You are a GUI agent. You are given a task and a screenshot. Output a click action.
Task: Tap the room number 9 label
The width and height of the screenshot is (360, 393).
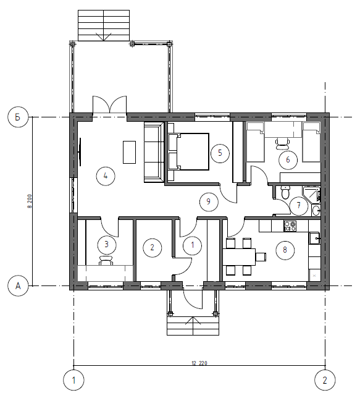(209, 202)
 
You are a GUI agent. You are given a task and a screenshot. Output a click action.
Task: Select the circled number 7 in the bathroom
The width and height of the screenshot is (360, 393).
(299, 206)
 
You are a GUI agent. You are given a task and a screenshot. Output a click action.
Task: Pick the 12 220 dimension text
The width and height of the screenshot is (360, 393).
(199, 363)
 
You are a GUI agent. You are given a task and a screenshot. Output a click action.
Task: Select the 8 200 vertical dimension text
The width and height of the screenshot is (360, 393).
(30, 201)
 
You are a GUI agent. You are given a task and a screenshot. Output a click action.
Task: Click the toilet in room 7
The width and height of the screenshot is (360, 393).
(285, 192)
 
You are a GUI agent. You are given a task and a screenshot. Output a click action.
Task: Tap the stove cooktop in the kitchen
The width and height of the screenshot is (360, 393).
(290, 226)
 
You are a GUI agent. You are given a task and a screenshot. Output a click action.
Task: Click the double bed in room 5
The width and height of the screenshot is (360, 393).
(188, 151)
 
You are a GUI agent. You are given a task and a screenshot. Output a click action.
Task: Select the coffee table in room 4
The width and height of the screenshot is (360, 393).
(129, 153)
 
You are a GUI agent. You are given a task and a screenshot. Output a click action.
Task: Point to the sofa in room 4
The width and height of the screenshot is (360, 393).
(154, 152)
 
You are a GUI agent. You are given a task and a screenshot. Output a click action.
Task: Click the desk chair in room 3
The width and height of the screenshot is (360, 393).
(106, 260)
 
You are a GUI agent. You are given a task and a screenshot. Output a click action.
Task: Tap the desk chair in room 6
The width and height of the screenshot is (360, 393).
(282, 143)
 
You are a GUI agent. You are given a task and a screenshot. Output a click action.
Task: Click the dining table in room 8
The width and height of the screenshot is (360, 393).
(239, 257)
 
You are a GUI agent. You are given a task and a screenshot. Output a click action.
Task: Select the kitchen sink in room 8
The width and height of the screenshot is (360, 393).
(315, 238)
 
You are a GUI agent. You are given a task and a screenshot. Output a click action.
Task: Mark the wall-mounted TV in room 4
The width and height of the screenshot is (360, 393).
(80, 152)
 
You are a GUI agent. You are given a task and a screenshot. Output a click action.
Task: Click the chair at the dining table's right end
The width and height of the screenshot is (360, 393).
(261, 257)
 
